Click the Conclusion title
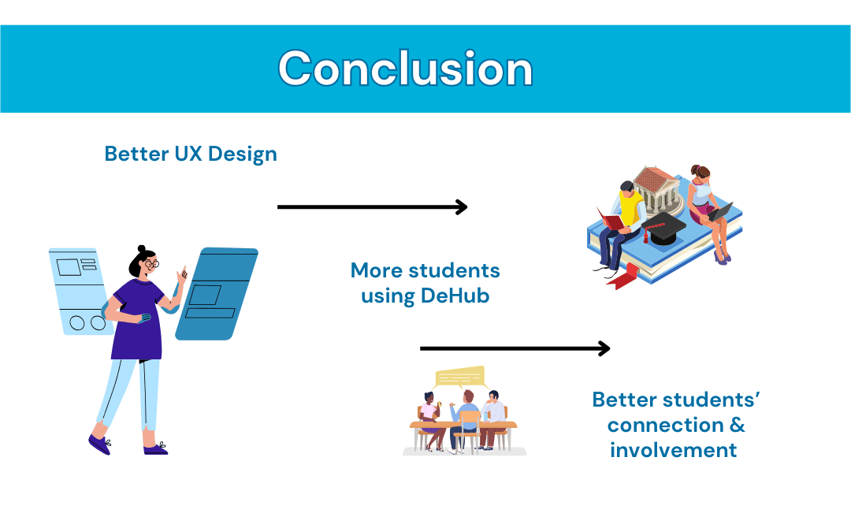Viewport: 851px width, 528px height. tap(406, 69)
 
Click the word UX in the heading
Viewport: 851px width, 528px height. tap(188, 154)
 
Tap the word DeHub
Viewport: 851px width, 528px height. tap(455, 296)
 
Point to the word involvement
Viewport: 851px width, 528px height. tap(673, 450)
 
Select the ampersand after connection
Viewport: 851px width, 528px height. tap(737, 424)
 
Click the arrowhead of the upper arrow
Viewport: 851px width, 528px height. tap(462, 206)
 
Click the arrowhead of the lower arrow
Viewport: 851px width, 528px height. tap(604, 348)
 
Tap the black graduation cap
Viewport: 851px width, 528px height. tap(663, 228)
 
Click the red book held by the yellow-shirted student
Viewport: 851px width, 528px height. tap(611, 219)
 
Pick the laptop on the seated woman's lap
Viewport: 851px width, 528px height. tap(720, 212)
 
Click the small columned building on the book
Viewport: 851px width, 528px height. tap(657, 189)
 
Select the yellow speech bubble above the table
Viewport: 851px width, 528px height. tap(459, 377)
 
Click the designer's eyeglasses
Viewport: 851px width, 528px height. tap(152, 264)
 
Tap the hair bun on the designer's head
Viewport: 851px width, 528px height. tap(142, 248)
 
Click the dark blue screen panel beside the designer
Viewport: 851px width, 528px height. tap(217, 294)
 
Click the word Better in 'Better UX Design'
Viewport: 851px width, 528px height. tap(137, 154)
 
